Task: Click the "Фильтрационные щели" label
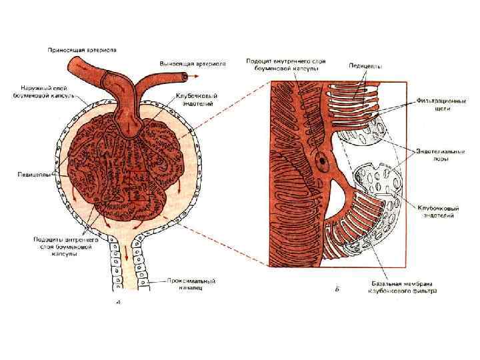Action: click(441, 105)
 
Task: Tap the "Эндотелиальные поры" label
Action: click(441, 155)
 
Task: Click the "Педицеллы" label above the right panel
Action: click(365, 65)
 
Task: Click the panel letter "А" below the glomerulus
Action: click(118, 301)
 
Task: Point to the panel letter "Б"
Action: click(337, 289)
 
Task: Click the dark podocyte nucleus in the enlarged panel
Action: click(323, 161)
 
